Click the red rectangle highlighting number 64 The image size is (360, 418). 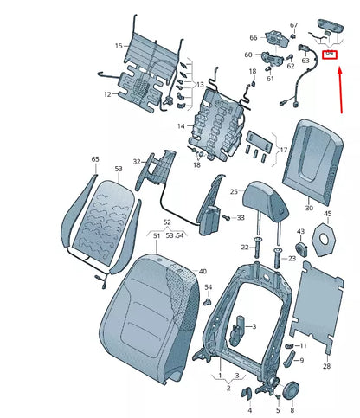click(x=329, y=55)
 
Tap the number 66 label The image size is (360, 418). click(x=254, y=38)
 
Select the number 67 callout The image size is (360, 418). click(x=293, y=25)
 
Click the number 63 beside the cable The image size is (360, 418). click(x=305, y=61)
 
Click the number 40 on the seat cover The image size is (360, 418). click(x=203, y=271)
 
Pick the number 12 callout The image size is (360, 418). click(x=107, y=93)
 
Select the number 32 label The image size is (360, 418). click(x=137, y=162)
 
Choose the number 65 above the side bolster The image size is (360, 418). click(x=95, y=159)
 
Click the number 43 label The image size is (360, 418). click(x=300, y=232)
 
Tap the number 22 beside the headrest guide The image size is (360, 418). click(x=245, y=248)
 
